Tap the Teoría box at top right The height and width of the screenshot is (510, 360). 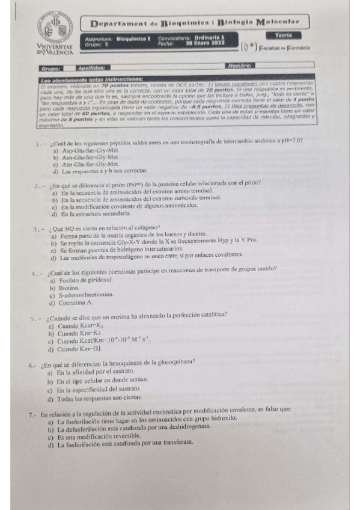tap(285, 37)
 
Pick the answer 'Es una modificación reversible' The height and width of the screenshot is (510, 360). tap(106, 436)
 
